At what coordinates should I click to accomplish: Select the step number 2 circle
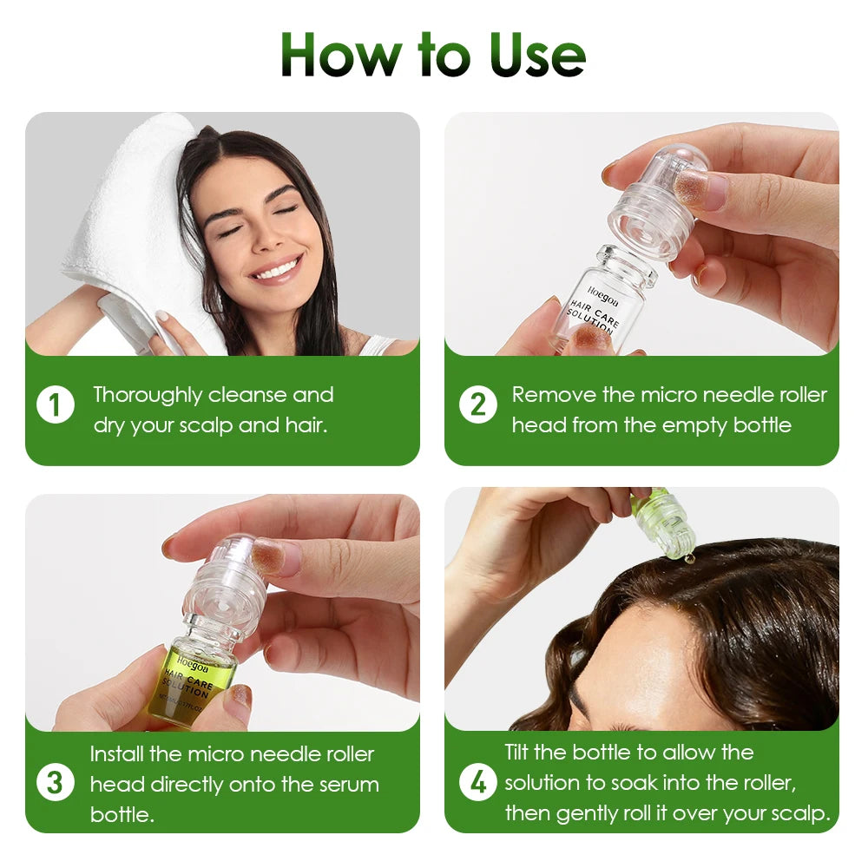477,404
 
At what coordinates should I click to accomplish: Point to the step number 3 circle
55,784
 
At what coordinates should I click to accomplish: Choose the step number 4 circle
477,783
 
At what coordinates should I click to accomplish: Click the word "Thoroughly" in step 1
148,396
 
